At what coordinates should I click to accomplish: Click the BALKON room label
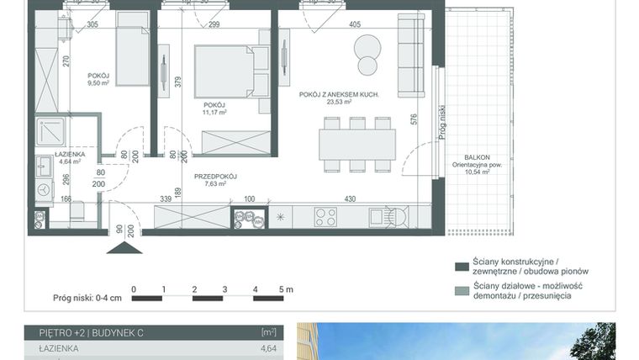pos(477,157)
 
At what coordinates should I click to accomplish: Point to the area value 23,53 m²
pos(341,103)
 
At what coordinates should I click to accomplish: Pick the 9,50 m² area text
pos(99,83)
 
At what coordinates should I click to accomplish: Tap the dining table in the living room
pos(357,144)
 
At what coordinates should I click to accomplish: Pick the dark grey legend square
pos(461,267)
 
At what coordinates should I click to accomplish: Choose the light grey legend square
pos(461,291)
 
